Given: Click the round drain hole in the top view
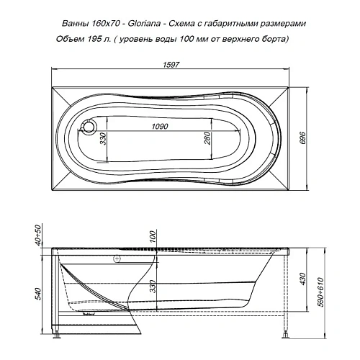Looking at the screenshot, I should coord(89,127).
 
